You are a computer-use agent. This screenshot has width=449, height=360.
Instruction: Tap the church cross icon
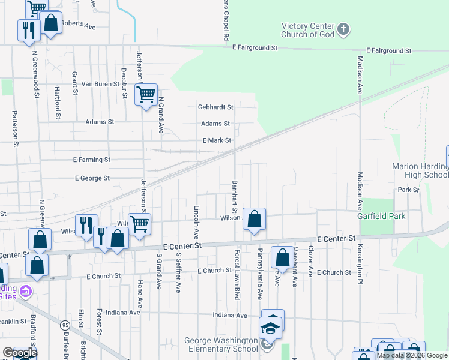[x=343, y=29]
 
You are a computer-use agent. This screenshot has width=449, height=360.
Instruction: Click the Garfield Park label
[x=381, y=216]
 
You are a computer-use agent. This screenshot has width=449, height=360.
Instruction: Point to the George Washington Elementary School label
[x=214, y=344]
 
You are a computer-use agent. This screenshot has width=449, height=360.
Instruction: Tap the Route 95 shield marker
[x=64, y=325]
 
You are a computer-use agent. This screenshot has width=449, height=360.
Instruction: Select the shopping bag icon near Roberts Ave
[x=52, y=24]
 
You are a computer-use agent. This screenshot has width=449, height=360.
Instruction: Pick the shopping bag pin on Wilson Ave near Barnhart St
[x=254, y=220]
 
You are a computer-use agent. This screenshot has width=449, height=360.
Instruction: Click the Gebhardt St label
[x=215, y=107]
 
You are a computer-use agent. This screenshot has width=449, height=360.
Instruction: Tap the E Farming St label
[x=92, y=160]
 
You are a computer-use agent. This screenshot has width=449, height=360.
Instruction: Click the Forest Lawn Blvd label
[x=238, y=275]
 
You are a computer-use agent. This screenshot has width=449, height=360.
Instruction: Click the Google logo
[x=20, y=352]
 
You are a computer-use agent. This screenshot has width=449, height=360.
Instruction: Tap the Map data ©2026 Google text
[x=412, y=355]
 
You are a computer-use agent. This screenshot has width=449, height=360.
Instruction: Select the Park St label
[x=408, y=190]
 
